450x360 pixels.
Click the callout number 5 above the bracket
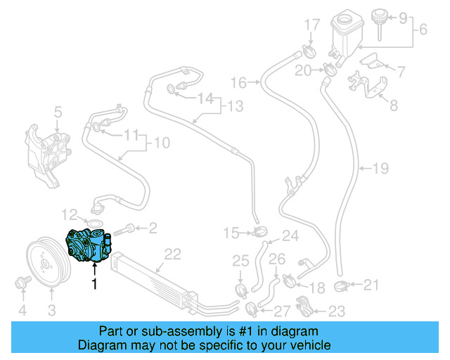58,111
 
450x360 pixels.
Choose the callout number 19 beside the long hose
380,169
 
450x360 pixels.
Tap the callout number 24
290,236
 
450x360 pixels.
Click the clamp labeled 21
342,286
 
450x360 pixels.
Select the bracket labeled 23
304,305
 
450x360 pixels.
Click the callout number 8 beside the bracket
394,106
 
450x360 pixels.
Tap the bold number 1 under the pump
93,285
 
